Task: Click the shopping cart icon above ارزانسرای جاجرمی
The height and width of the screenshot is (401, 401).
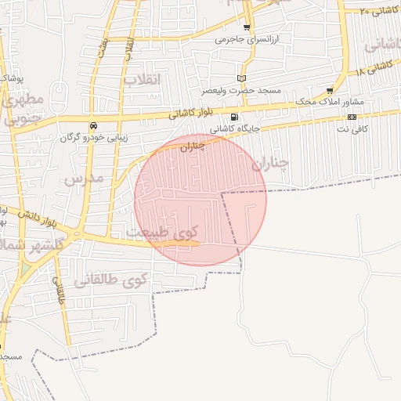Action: point(247,27)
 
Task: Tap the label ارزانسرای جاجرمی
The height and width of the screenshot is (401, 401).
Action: point(247,38)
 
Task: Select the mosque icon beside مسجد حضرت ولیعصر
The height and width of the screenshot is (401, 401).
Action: point(241,78)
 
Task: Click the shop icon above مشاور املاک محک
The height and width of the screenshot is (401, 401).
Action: point(330,91)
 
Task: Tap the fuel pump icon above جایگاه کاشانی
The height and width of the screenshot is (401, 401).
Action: point(235,117)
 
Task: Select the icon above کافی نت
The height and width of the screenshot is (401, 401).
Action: point(352,117)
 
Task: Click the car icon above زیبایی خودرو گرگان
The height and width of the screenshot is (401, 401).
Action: point(93,125)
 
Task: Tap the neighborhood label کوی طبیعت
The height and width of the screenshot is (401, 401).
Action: point(163,232)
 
